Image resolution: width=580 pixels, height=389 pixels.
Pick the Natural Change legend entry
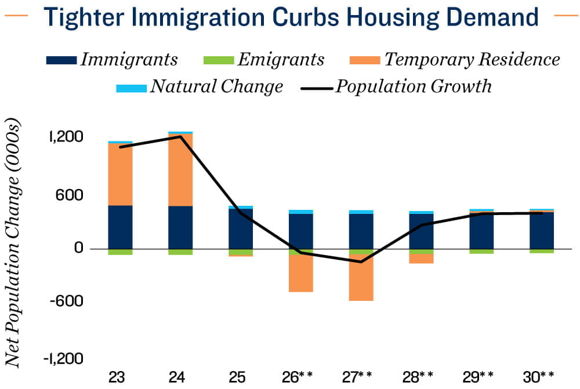click(200, 86)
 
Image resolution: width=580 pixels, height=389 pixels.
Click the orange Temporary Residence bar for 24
click(180, 170)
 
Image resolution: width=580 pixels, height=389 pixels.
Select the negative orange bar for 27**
click(361, 278)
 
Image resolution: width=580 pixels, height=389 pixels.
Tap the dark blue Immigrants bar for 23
click(120, 227)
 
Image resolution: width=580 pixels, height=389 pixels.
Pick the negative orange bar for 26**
click(300, 273)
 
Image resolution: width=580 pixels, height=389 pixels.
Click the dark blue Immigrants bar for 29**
click(481, 231)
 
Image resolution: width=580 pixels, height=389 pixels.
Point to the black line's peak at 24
click(180, 136)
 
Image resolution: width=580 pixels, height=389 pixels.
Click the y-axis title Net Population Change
click(13, 243)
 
